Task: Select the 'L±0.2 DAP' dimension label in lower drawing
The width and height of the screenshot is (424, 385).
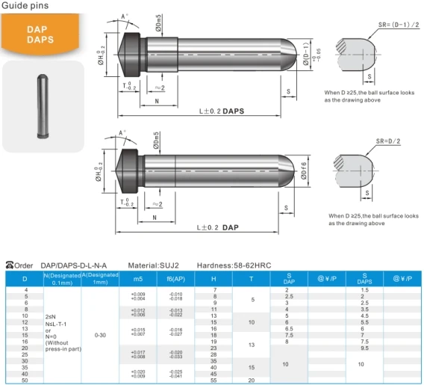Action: click(218, 227)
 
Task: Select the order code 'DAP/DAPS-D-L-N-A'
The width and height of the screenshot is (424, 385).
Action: click(73, 265)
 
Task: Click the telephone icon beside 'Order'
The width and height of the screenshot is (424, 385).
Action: click(10, 265)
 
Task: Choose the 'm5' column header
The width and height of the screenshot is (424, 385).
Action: click(137, 278)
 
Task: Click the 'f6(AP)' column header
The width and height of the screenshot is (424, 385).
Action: click(175, 278)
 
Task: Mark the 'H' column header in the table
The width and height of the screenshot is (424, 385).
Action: click(214, 278)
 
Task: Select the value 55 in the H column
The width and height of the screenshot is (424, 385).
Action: click(214, 381)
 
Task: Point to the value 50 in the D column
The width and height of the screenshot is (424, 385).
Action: click(26, 381)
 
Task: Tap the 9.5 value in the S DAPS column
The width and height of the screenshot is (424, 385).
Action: click(364, 348)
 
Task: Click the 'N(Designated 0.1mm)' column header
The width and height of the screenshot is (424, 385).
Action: click(63, 278)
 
